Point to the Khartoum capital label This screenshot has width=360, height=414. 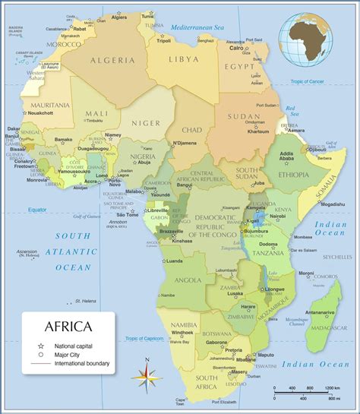257,131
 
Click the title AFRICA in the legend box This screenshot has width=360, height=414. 69,327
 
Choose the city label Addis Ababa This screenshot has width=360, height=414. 287,157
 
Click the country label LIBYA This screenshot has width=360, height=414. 185,58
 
